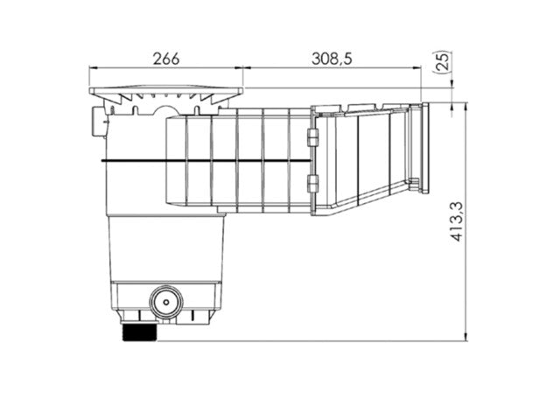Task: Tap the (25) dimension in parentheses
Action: pyautogui.click(x=444, y=62)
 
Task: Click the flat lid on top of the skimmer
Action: pyautogui.click(x=165, y=91)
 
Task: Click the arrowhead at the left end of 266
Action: pyautogui.click(x=93, y=66)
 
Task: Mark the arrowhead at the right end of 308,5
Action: pyautogui.click(x=423, y=66)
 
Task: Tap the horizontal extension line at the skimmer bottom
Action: pyautogui.click(x=350, y=341)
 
